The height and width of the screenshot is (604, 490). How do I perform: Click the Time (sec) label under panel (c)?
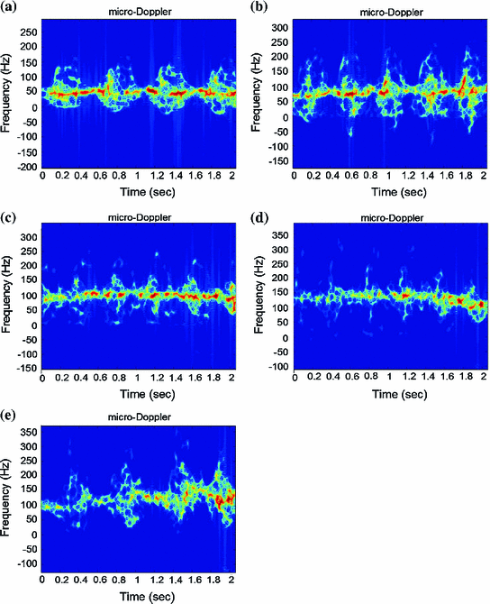(137, 394)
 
